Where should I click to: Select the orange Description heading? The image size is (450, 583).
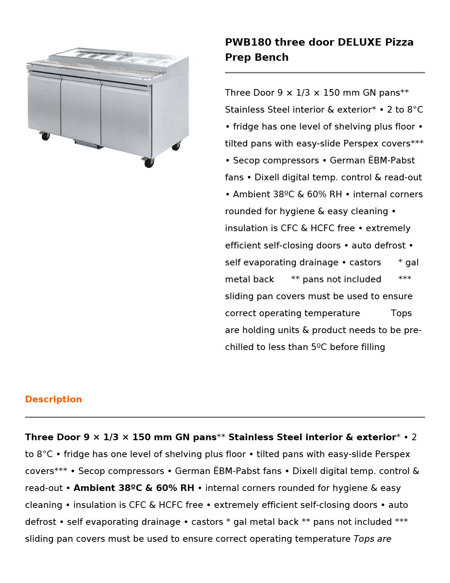(x=53, y=399)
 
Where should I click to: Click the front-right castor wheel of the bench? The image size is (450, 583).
(x=149, y=162)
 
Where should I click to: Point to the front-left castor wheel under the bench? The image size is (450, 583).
(x=46, y=136)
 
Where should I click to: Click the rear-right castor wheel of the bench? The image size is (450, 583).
(x=176, y=146)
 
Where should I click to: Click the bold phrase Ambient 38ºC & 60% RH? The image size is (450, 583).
(x=134, y=488)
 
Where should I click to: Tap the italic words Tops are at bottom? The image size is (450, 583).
(x=372, y=539)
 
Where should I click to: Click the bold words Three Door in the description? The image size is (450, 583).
(x=53, y=437)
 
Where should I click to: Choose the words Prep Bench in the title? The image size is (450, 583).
(x=257, y=57)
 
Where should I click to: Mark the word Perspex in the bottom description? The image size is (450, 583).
(x=392, y=454)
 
